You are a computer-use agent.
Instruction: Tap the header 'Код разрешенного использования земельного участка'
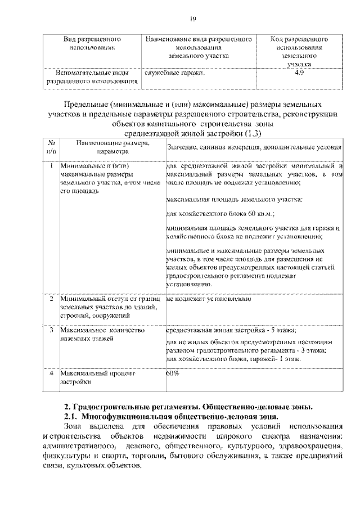tap(299, 52)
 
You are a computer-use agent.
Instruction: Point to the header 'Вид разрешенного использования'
tap(92, 44)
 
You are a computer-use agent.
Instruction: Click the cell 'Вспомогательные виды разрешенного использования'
tap(92, 77)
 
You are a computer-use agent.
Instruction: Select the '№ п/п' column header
tap(51, 147)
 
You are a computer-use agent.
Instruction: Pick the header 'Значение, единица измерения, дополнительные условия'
tap(254, 147)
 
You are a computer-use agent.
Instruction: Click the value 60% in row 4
tap(173, 373)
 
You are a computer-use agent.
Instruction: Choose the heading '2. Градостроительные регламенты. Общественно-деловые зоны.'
tap(188, 406)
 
